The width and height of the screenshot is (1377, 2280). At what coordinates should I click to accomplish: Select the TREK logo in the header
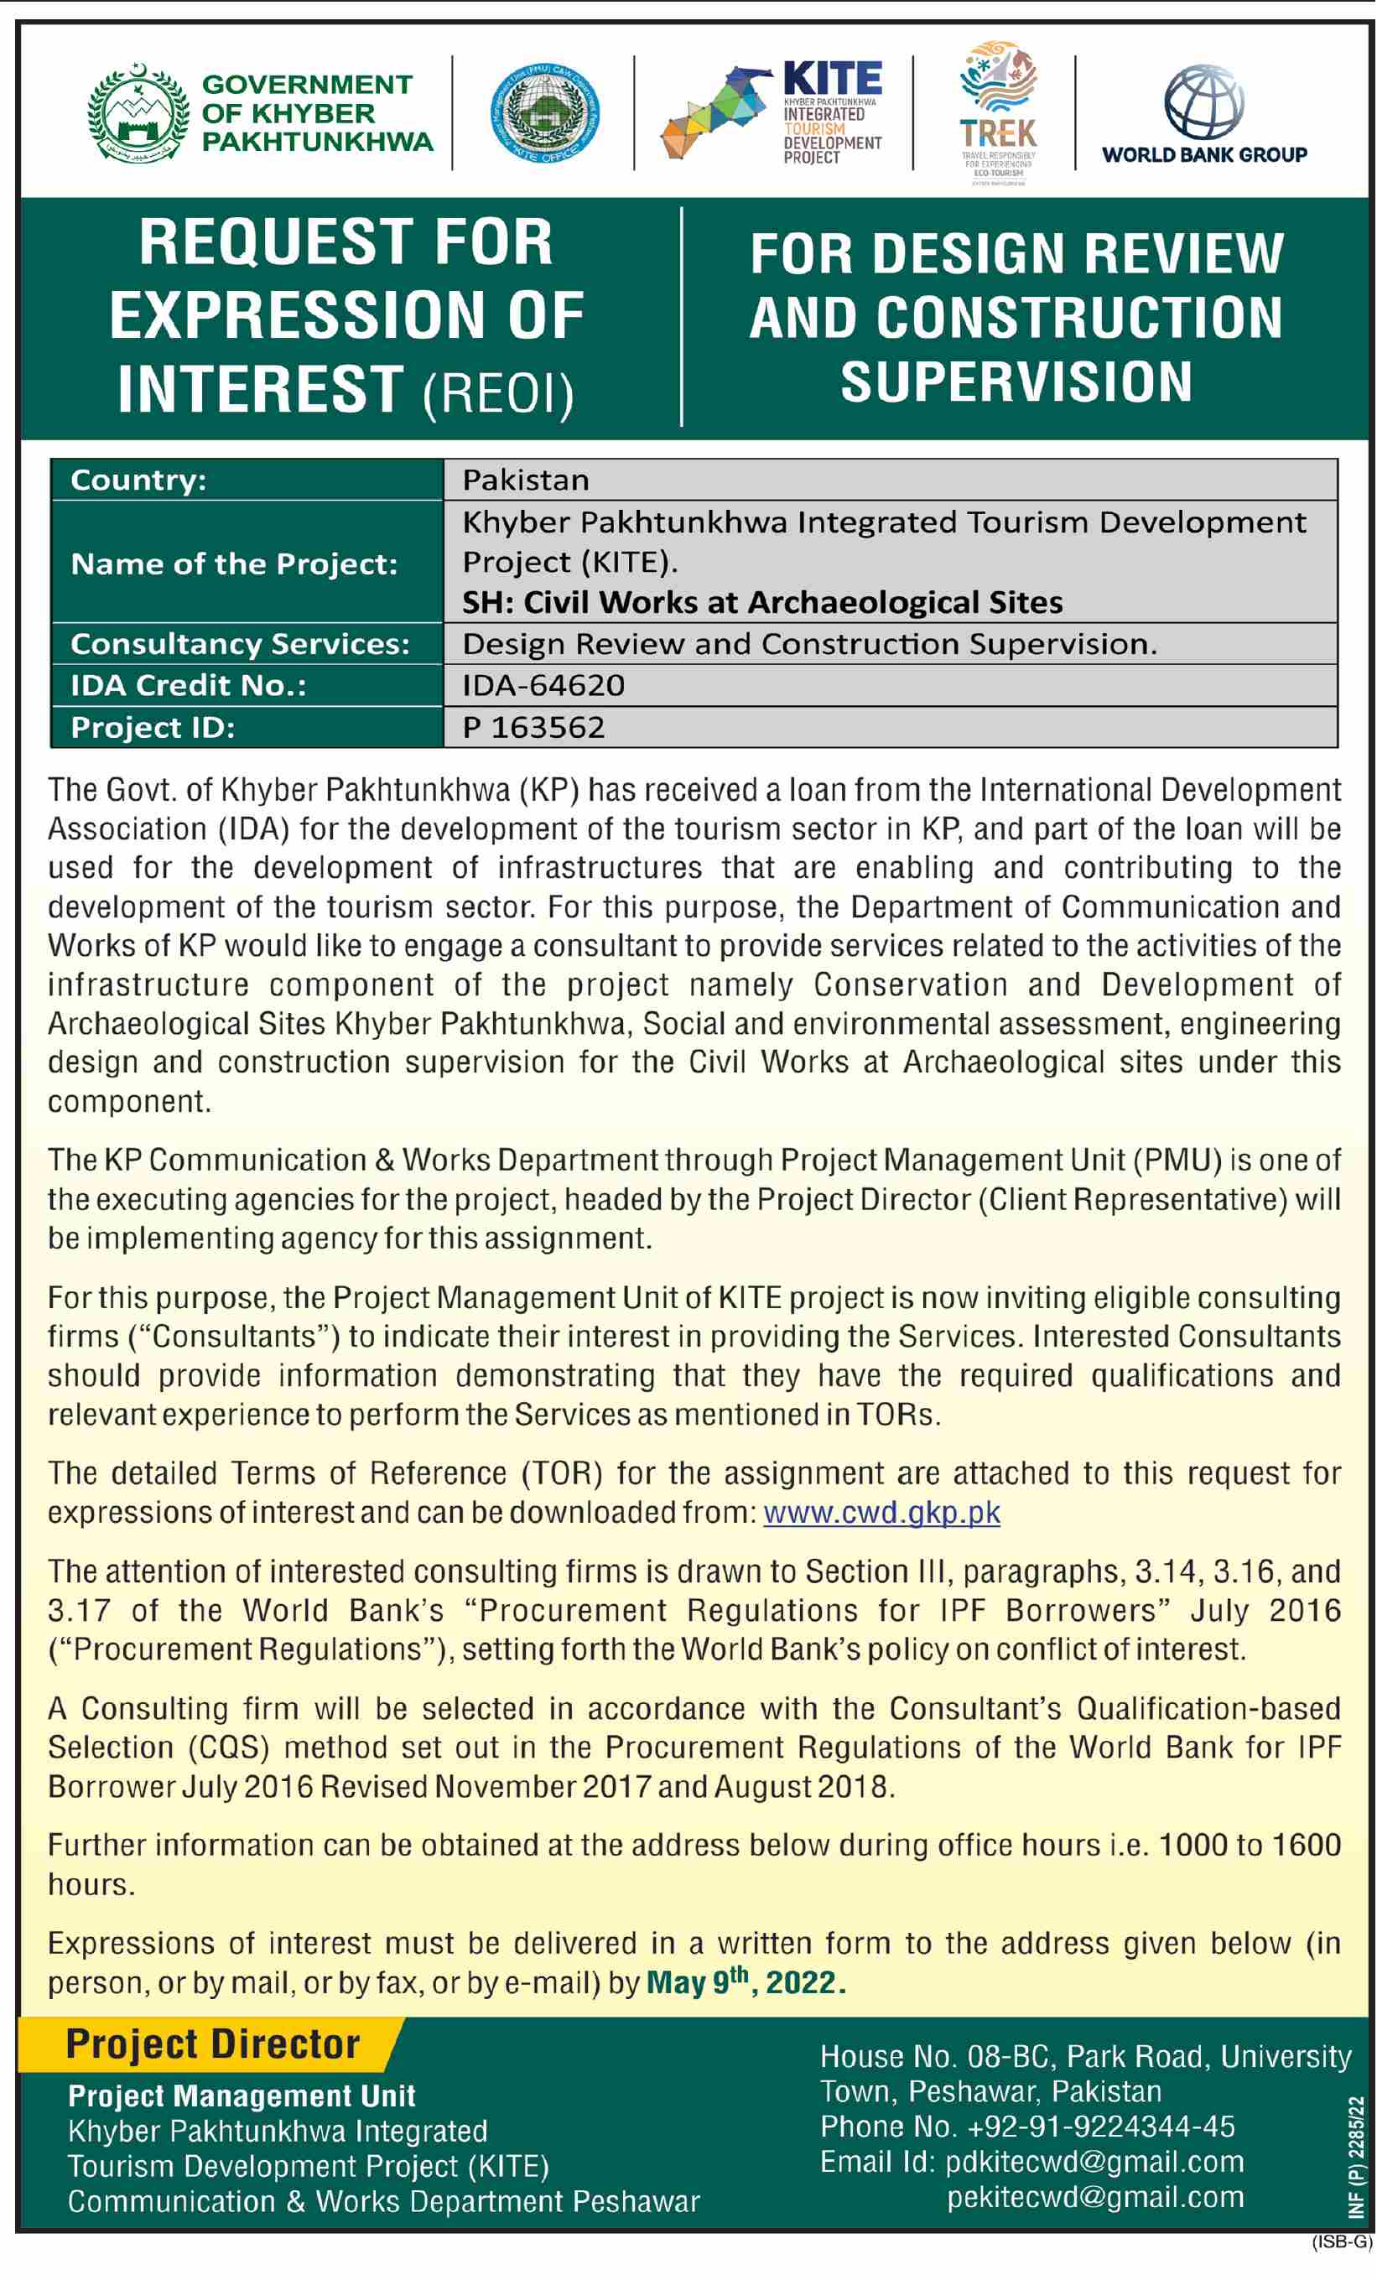[x=998, y=111]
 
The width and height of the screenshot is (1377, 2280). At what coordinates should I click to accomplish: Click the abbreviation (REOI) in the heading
[x=498, y=393]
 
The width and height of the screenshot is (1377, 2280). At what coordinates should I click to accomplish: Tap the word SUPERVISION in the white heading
[x=1016, y=382]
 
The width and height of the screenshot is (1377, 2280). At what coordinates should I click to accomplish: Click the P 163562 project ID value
[x=533, y=727]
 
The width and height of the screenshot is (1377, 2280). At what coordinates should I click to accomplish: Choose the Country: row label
[x=139, y=480]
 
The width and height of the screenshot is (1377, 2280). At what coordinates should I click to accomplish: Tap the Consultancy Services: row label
[x=240, y=644]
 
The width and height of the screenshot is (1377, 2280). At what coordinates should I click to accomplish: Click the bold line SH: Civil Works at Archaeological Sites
[x=761, y=602]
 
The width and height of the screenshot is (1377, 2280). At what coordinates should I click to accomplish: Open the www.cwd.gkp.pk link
[x=881, y=1512]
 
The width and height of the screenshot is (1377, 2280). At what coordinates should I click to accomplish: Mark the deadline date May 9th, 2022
[x=745, y=1982]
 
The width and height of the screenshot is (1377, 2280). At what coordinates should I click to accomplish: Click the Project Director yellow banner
[x=213, y=2044]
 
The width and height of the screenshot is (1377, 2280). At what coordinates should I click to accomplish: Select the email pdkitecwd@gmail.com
[x=1094, y=2163]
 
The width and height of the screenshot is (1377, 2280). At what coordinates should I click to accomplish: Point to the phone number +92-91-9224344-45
[x=1100, y=2127]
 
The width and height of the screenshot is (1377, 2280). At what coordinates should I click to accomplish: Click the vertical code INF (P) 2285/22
[x=1357, y=2157]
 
